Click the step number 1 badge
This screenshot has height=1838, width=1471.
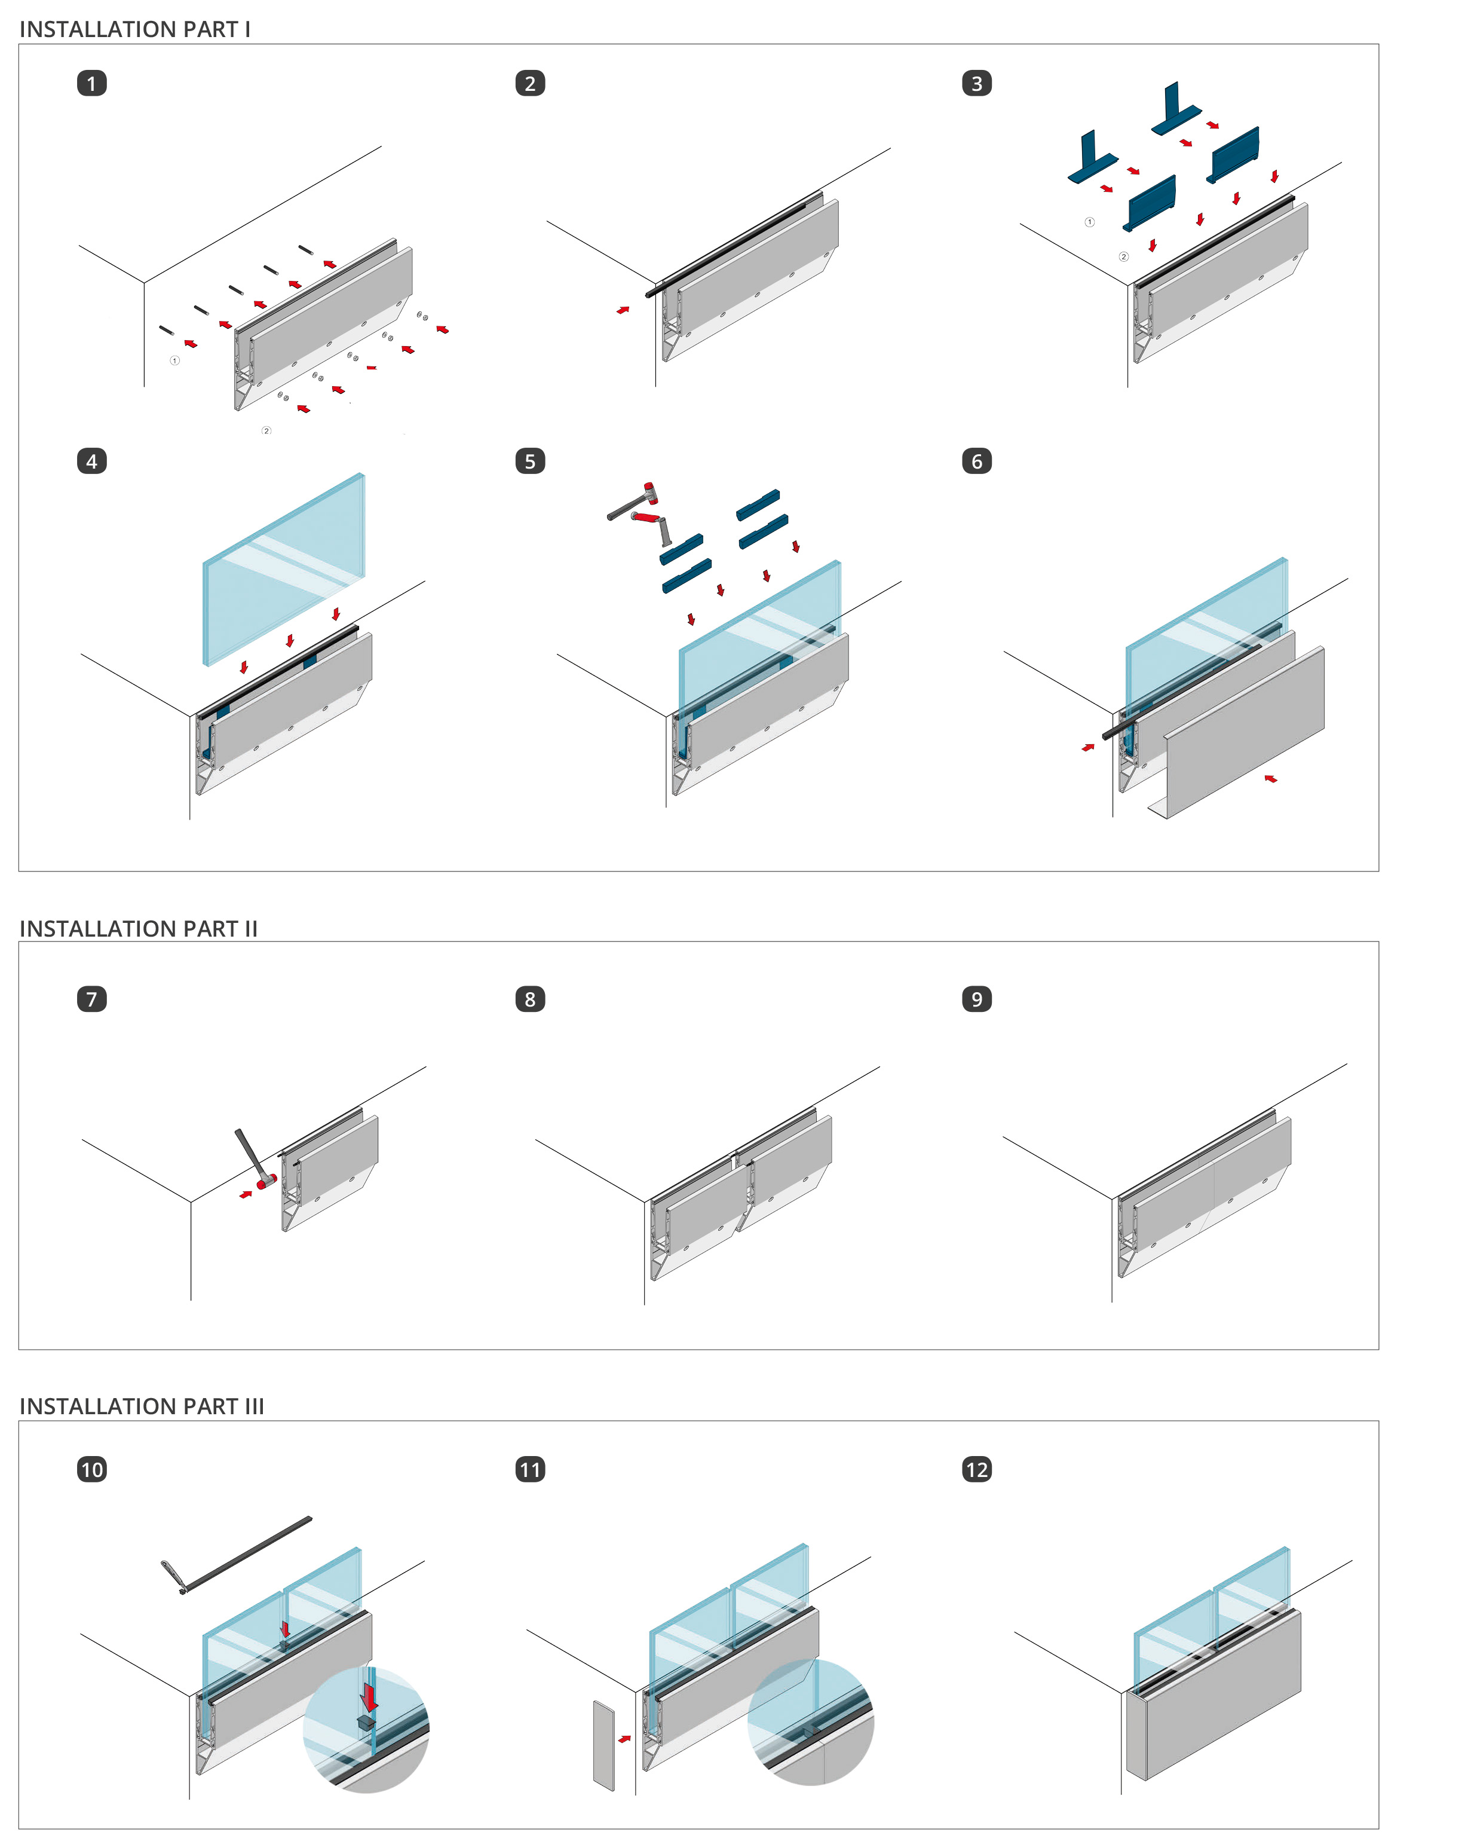[92, 84]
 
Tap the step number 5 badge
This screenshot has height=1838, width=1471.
[530, 461]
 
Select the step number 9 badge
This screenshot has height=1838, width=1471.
[977, 999]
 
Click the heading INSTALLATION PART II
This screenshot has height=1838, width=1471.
[138, 928]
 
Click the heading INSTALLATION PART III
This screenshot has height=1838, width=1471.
[142, 1406]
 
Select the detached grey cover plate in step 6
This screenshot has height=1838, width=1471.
[1245, 733]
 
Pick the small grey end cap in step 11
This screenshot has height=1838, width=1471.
[603, 1745]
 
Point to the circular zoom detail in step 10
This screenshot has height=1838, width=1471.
[366, 1728]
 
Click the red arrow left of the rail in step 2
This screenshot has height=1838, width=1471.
[623, 310]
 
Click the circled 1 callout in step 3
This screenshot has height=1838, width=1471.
[1089, 222]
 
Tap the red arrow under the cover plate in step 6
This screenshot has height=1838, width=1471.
[1271, 778]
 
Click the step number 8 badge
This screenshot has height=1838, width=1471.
[530, 999]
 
